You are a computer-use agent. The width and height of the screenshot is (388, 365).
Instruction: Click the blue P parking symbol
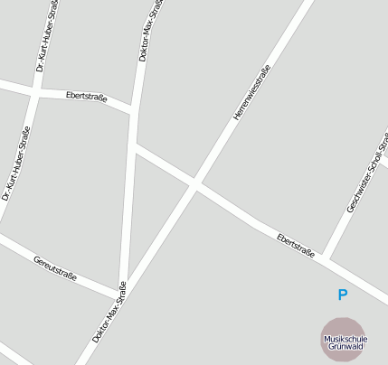[342, 295]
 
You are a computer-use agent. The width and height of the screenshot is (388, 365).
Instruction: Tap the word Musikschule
[345, 339]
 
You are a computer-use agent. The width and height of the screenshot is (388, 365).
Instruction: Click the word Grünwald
[345, 346]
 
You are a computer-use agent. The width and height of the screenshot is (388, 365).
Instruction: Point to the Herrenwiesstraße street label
[252, 94]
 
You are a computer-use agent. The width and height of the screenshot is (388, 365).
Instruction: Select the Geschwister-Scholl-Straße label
[366, 173]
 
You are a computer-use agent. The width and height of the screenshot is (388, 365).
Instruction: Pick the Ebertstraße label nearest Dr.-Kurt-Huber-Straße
[87, 95]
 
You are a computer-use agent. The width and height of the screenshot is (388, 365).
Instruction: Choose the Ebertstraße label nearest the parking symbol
[296, 244]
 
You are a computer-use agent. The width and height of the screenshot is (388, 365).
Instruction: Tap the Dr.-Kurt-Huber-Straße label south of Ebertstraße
[17, 164]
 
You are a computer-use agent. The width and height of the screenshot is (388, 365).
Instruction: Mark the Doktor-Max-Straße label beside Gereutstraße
[109, 313]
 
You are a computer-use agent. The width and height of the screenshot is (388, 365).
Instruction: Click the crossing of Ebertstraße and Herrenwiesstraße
[194, 183]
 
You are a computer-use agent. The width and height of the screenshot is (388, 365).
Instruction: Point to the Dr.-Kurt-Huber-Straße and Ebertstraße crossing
[34, 91]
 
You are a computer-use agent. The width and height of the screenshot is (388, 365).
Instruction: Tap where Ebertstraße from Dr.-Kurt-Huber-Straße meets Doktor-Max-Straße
[135, 110]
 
